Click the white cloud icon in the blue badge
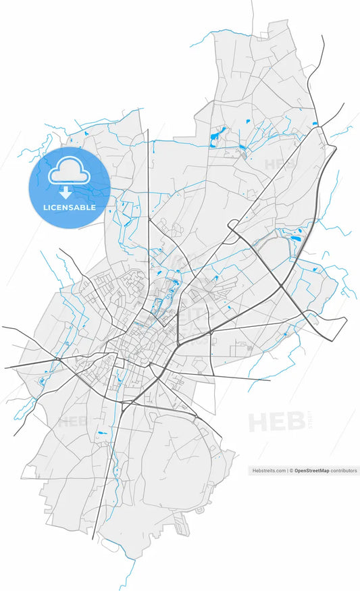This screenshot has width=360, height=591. [68, 172]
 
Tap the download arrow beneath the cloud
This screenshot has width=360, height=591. [68, 191]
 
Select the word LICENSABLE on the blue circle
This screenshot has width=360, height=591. [69, 207]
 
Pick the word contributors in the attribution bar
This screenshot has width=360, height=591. [344, 471]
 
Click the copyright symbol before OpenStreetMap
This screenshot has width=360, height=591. [292, 471]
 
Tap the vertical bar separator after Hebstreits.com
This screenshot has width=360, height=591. [287, 471]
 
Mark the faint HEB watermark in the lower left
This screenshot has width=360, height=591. [72, 422]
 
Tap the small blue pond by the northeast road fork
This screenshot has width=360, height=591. [315, 123]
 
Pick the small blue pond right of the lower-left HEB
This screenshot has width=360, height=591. [103, 432]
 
